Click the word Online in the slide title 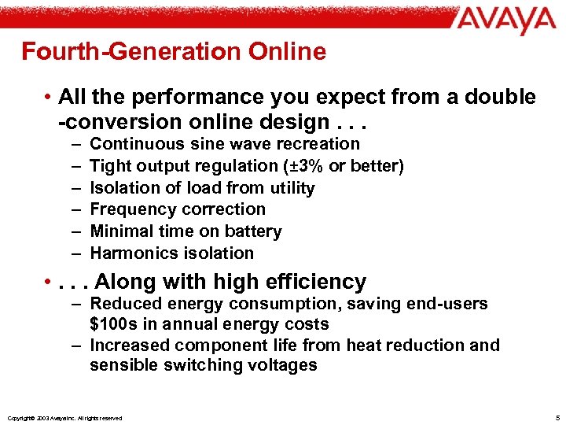pyautogui.click(x=285, y=52)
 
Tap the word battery pyautogui.click(x=253, y=231)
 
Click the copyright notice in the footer pyautogui.click(x=63, y=418)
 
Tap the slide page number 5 pyautogui.click(x=555, y=416)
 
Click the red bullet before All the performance pyautogui.click(x=49, y=98)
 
